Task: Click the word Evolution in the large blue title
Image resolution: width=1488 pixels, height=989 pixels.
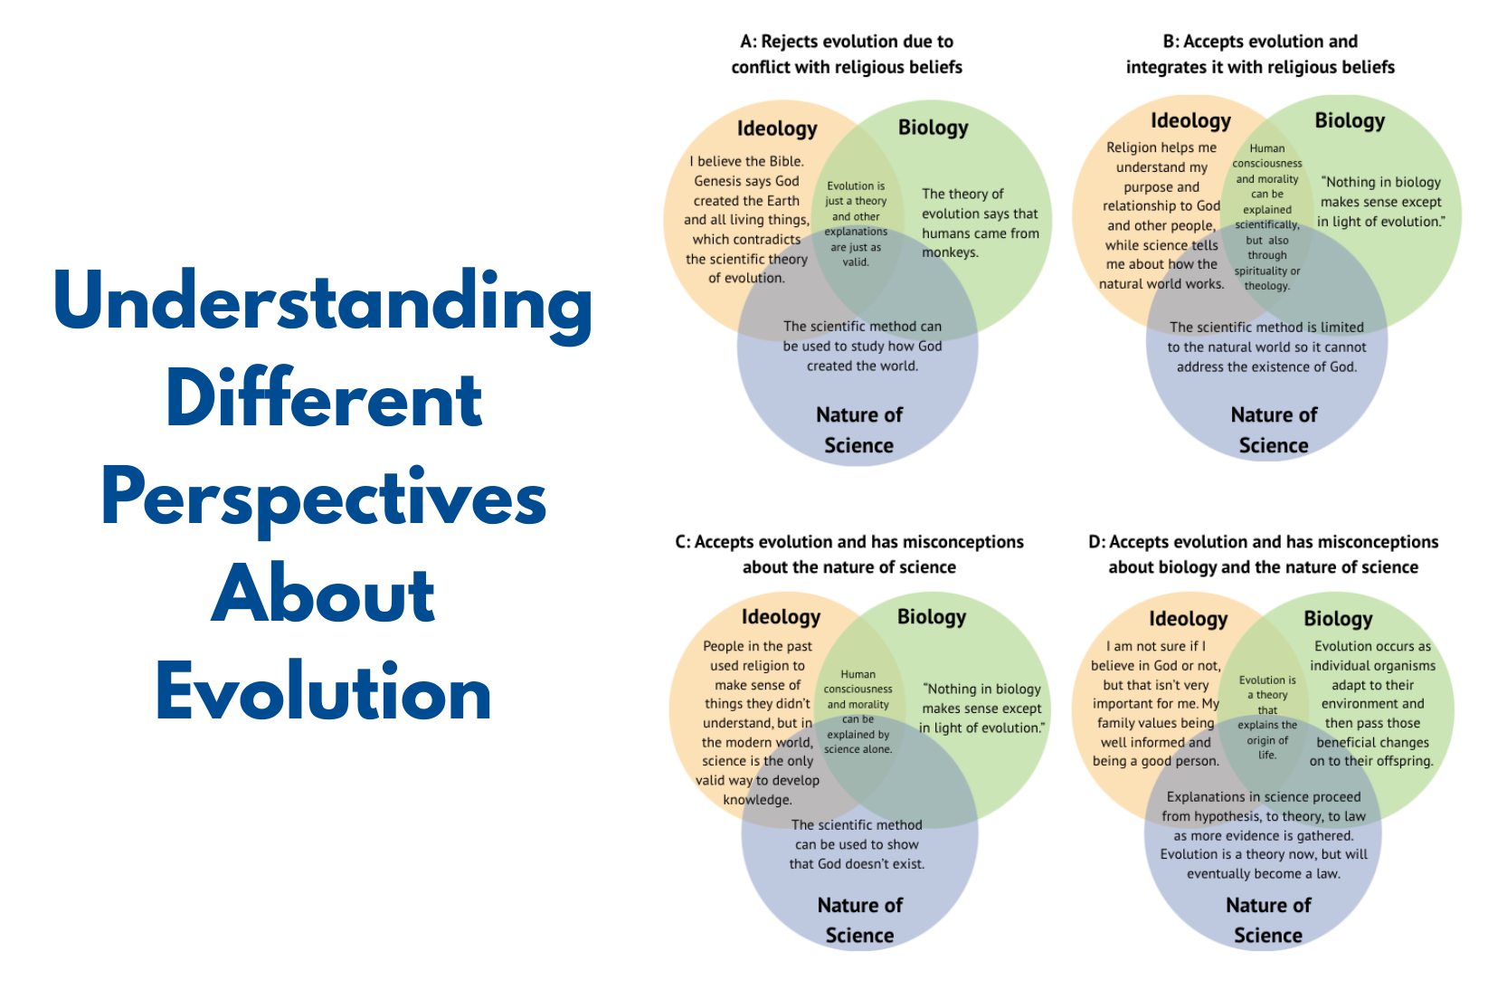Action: [x=323, y=693]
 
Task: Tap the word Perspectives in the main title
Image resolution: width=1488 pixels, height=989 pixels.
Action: [x=323, y=499]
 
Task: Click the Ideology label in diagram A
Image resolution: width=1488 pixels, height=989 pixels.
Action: [x=777, y=128]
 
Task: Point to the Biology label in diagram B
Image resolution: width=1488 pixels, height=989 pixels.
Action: [x=1350, y=121]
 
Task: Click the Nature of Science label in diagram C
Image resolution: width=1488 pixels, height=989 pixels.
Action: [x=859, y=920]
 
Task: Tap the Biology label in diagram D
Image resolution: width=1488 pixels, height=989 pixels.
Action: [x=1338, y=619]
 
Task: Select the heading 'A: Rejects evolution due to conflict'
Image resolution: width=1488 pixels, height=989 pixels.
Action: [x=847, y=54]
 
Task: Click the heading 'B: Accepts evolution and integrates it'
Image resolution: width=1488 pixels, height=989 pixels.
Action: [x=1260, y=54]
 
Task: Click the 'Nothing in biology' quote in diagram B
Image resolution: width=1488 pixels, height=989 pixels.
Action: [x=1380, y=202]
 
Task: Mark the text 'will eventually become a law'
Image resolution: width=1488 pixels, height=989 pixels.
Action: [x=1264, y=864]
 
